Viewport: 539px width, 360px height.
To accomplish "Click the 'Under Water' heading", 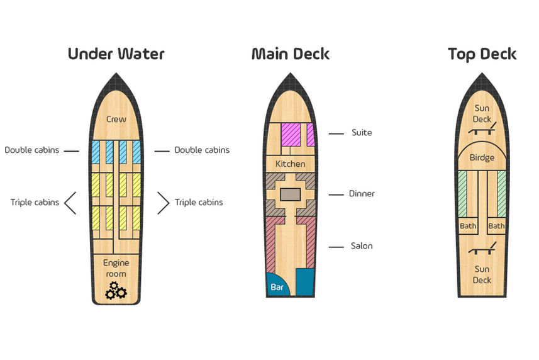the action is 116,54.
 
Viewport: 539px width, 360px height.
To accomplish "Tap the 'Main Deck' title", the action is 291,54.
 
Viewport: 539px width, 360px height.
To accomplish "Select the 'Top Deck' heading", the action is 482,54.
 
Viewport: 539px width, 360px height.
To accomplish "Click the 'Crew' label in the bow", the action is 116,119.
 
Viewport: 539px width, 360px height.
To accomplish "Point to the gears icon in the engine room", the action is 116,291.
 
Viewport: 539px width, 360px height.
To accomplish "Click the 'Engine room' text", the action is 116,268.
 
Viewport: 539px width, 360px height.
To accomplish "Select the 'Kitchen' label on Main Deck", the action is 291,164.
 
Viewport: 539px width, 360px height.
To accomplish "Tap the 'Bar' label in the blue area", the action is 277,287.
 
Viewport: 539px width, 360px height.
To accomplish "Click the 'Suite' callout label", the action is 362,133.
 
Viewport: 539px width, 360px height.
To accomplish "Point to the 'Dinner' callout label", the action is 362,194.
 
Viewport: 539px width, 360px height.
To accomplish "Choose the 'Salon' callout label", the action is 362,246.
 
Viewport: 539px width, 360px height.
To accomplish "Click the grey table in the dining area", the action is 291,194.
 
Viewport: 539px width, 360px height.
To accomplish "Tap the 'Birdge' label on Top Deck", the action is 482,158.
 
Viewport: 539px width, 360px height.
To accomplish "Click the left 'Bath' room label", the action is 468,226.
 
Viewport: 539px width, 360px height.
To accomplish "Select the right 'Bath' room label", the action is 496,226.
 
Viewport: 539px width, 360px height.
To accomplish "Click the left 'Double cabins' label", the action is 31,150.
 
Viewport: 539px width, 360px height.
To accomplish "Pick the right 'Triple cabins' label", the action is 199,202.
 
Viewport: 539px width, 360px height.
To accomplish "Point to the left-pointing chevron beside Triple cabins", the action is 70,203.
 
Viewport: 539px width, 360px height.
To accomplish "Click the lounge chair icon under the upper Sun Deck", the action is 482,128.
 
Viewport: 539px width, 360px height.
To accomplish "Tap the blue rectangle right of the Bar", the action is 305,282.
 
